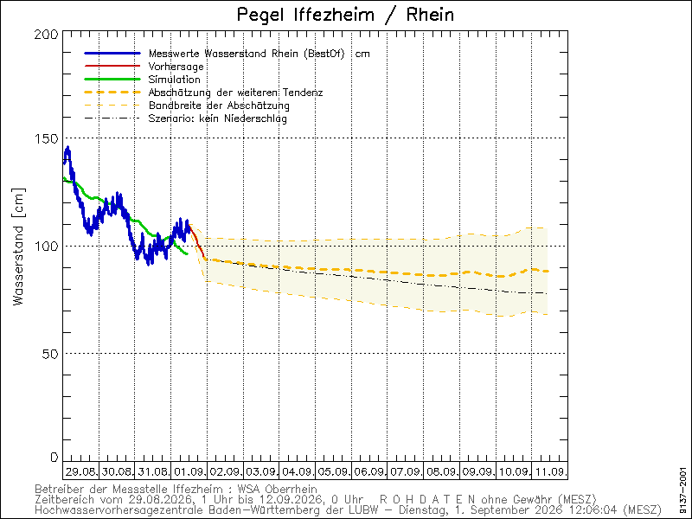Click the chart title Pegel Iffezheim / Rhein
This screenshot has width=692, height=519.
pyautogui.click(x=345, y=15)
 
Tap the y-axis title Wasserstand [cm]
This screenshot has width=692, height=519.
pyautogui.click(x=18, y=247)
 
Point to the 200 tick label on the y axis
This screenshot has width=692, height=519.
pyautogui.click(x=47, y=34)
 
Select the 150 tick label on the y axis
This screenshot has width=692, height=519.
pyautogui.click(x=47, y=138)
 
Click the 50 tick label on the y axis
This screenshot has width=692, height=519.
pyautogui.click(x=50, y=354)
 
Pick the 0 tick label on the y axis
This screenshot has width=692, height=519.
pyautogui.click(x=54, y=458)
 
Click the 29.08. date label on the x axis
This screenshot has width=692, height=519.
pyautogui.click(x=80, y=471)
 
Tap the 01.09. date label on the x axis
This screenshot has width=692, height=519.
pyautogui.click(x=189, y=471)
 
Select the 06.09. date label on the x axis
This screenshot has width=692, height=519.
pyautogui.click(x=369, y=471)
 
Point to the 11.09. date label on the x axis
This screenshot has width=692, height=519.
pyautogui.click(x=550, y=471)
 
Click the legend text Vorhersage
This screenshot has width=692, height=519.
pyautogui.click(x=176, y=67)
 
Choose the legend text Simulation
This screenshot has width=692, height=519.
pyautogui.click(x=175, y=80)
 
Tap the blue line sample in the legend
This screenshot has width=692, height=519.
pyautogui.click(x=112, y=54)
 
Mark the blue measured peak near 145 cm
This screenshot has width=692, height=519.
pyautogui.click(x=67, y=148)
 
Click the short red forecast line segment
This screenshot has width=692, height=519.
pyautogui.click(x=197, y=241)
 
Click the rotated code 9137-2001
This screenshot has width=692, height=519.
pyautogui.click(x=683, y=479)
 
